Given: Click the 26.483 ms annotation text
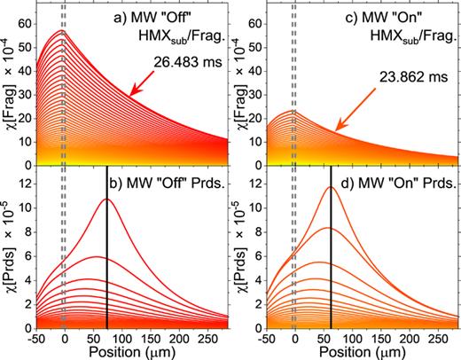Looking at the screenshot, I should coord(175,62).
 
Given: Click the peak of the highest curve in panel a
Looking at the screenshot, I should coord(60,31).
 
